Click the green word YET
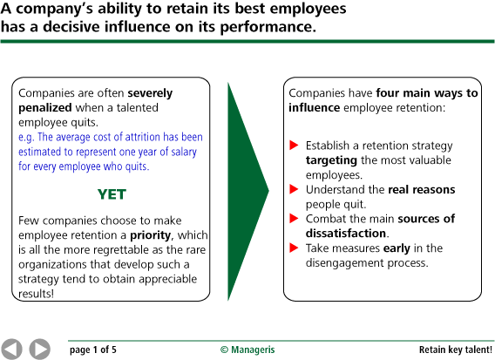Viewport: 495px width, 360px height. point(112,194)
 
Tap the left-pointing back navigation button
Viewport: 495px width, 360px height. point(12,349)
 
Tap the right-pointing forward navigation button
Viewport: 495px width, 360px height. point(39,349)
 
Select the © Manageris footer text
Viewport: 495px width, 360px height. point(247,350)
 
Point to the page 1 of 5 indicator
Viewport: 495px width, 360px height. point(93,350)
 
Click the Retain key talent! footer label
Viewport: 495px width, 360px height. point(450,350)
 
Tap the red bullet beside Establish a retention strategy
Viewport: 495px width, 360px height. point(295,145)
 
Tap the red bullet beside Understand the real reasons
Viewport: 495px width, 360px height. point(295,189)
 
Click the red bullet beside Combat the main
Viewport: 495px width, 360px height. point(295,219)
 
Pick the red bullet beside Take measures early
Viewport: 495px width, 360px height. point(295,248)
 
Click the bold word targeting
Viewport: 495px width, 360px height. point(331,160)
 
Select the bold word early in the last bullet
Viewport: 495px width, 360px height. point(396,248)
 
